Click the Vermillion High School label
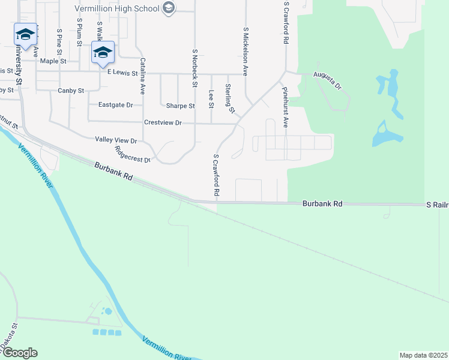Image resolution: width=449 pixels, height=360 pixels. click(x=117, y=8)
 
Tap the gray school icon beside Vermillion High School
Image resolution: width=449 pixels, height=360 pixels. click(x=169, y=8)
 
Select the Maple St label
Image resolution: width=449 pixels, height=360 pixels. click(x=53, y=61)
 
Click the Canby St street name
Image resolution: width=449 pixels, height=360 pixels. click(x=70, y=91)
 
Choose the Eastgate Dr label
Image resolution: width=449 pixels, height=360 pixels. click(x=115, y=104)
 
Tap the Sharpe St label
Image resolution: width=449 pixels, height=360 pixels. click(x=180, y=106)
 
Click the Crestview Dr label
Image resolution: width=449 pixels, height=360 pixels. click(x=163, y=122)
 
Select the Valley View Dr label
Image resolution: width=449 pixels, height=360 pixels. click(x=116, y=140)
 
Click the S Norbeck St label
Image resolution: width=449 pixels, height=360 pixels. click(x=194, y=68)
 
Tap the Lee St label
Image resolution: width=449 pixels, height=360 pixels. click(x=211, y=99)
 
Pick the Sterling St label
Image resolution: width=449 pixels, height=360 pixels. click(x=229, y=98)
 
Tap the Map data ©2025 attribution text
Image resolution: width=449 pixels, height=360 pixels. click(x=423, y=355)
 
